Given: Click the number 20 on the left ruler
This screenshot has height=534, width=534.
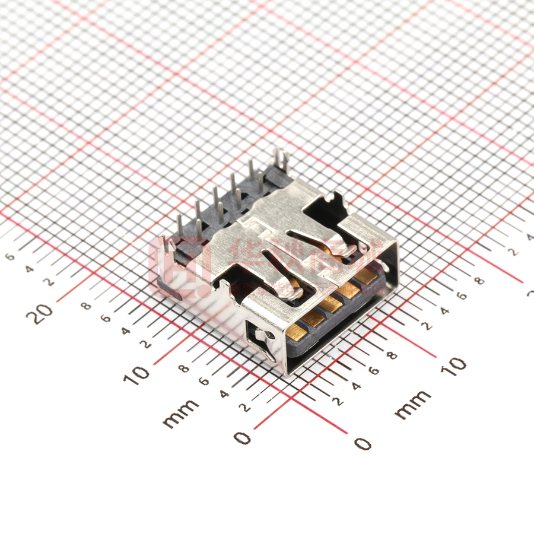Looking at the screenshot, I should tap(42, 313).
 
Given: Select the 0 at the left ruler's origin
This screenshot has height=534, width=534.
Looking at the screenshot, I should tap(242, 438).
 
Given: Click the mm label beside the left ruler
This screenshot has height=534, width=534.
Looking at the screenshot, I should tap(180, 413).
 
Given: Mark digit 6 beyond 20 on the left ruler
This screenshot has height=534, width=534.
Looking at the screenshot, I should tap(9, 256).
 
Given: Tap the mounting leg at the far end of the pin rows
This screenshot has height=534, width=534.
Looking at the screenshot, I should tap(281, 160).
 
